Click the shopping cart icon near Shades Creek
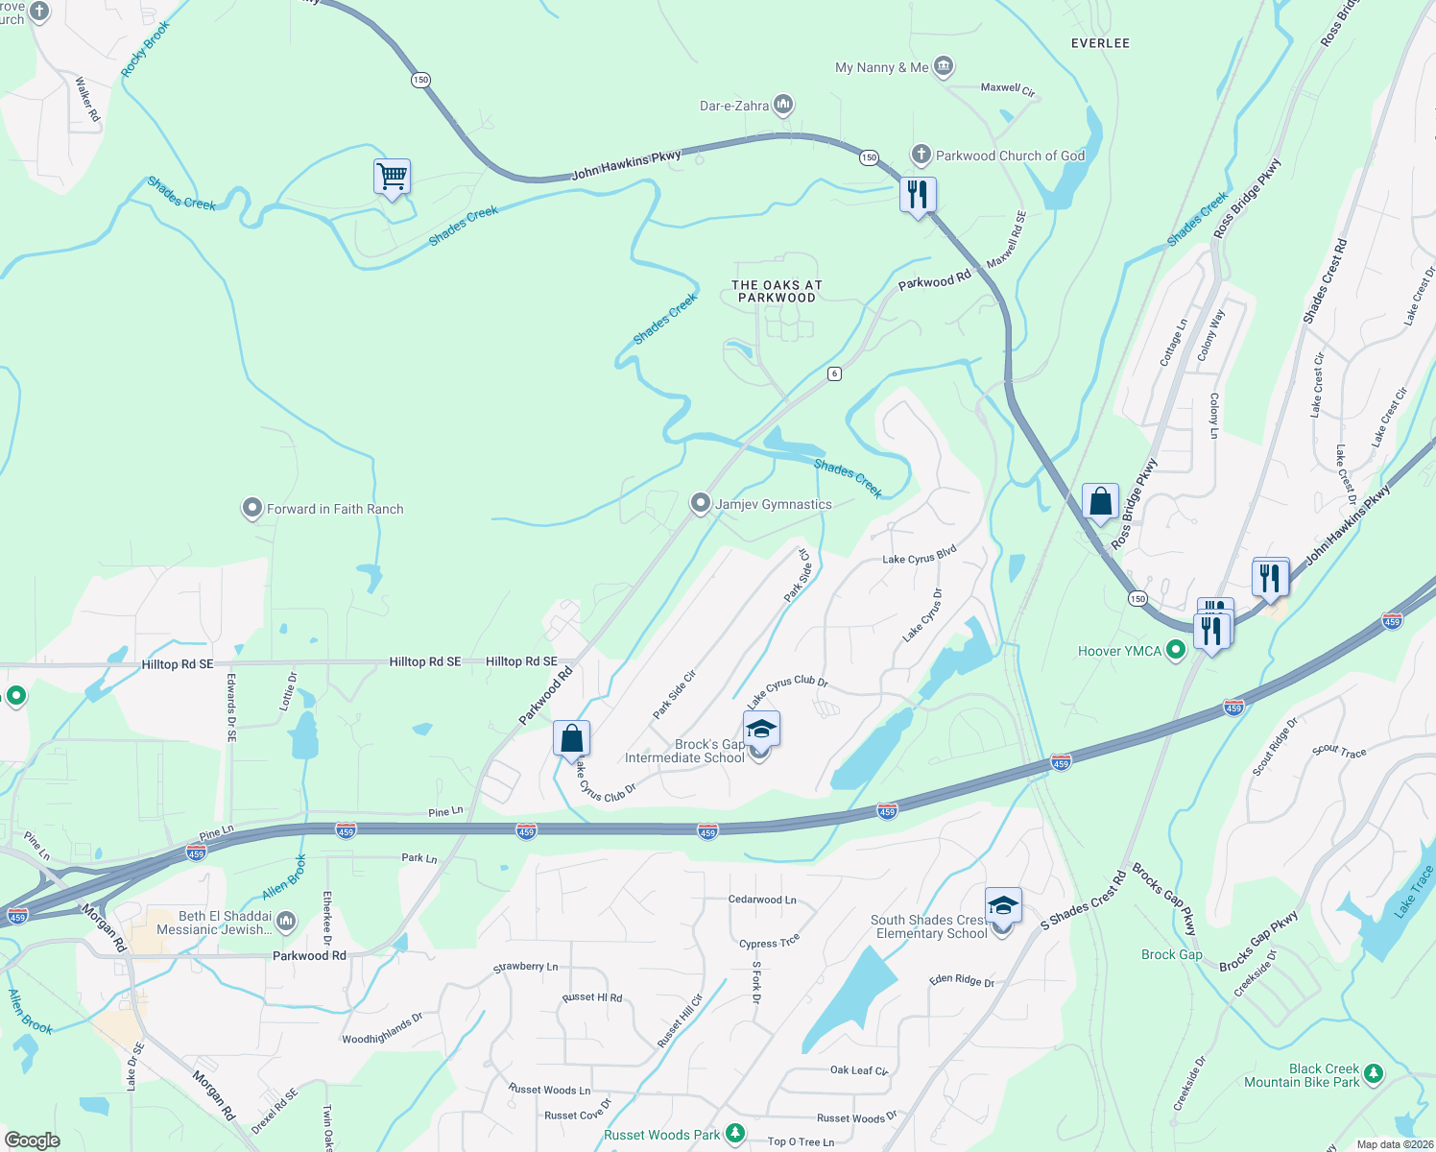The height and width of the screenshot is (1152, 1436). pos(392,177)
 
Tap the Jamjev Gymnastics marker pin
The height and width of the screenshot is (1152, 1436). pos(701,503)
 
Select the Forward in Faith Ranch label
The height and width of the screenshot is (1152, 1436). pos(334,509)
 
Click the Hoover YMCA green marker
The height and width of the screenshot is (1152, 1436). pos(1175,651)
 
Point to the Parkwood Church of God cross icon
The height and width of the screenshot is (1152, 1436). pos(921,155)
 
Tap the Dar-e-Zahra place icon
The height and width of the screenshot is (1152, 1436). pos(782,105)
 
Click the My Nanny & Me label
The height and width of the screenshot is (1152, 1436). pos(881,67)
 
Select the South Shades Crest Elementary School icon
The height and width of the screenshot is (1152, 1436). pos(1002,906)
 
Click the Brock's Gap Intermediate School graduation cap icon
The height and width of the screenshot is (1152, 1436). pos(761,730)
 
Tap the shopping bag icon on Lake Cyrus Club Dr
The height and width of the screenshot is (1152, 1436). pos(571,739)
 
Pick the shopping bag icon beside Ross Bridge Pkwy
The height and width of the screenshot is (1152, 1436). pos(1100,501)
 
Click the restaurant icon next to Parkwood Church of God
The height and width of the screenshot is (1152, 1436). pos(918,195)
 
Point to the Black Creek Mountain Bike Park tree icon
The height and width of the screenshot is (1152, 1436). pos(1373,1073)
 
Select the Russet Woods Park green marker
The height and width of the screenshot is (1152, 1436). pos(735,1134)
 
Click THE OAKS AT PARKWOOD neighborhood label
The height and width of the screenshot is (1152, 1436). pos(777,291)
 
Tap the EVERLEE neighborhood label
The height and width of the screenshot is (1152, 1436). pos(1100,43)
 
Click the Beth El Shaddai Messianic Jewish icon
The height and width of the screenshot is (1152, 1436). pos(285,923)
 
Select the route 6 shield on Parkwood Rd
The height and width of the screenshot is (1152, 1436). pos(835,373)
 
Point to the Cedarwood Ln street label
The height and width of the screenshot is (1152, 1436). pos(762,900)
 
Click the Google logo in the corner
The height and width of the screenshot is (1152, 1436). pos(32,1140)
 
